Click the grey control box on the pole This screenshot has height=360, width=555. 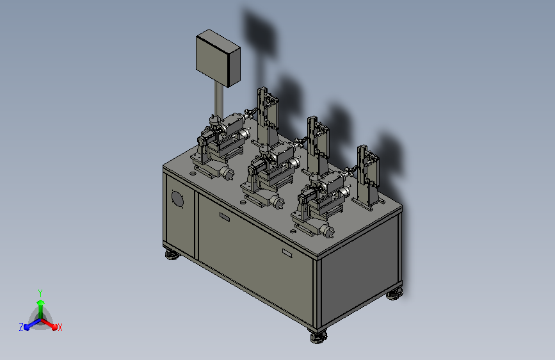(x=218, y=58)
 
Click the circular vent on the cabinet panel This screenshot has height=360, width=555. (x=177, y=199)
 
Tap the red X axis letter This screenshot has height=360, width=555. (x=60, y=327)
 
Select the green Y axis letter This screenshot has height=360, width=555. (x=40, y=293)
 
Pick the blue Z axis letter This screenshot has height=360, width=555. (x=21, y=327)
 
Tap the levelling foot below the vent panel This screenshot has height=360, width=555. (x=172, y=254)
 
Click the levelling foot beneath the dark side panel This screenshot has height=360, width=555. (x=394, y=294)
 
